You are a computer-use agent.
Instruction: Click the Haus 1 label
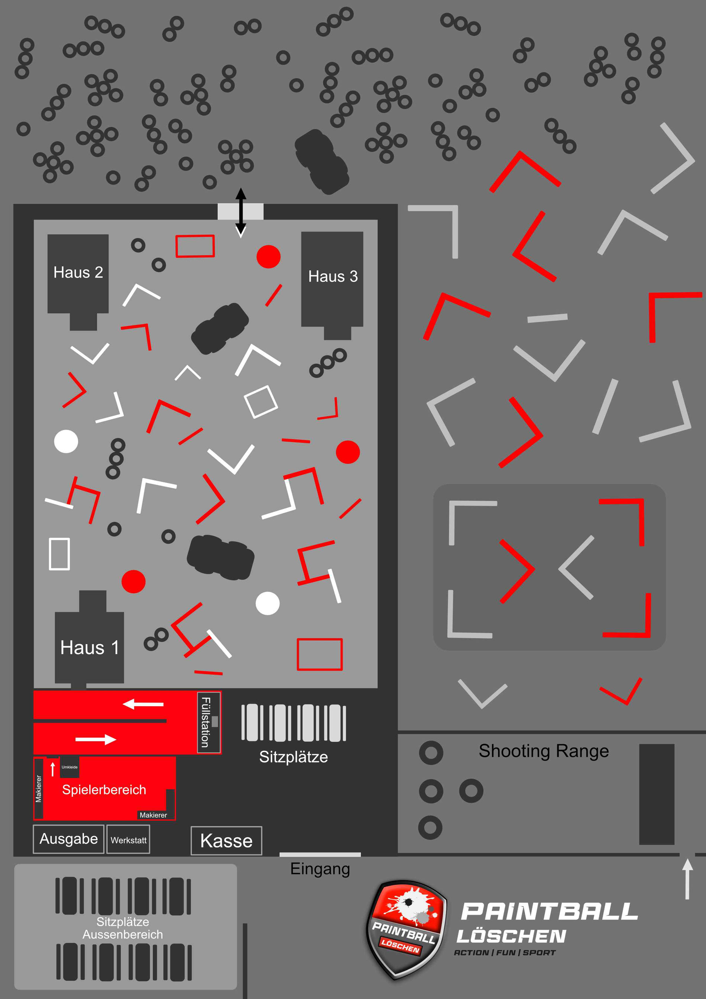(90, 648)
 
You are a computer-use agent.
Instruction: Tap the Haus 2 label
(78, 272)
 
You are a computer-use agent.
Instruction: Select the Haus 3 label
(333, 276)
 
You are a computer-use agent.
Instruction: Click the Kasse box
(227, 841)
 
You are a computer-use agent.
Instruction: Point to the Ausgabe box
(69, 839)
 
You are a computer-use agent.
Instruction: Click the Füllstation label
(205, 722)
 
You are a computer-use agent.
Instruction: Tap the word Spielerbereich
(104, 790)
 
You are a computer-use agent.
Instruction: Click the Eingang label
(320, 869)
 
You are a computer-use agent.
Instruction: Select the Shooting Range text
(544, 751)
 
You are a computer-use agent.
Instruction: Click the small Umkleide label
(69, 767)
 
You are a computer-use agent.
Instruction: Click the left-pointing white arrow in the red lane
(143, 704)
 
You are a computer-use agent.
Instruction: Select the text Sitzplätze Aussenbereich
(123, 928)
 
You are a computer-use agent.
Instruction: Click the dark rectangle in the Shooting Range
(657, 794)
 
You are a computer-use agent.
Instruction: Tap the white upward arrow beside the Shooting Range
(687, 879)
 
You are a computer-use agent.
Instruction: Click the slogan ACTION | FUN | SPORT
(505, 953)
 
